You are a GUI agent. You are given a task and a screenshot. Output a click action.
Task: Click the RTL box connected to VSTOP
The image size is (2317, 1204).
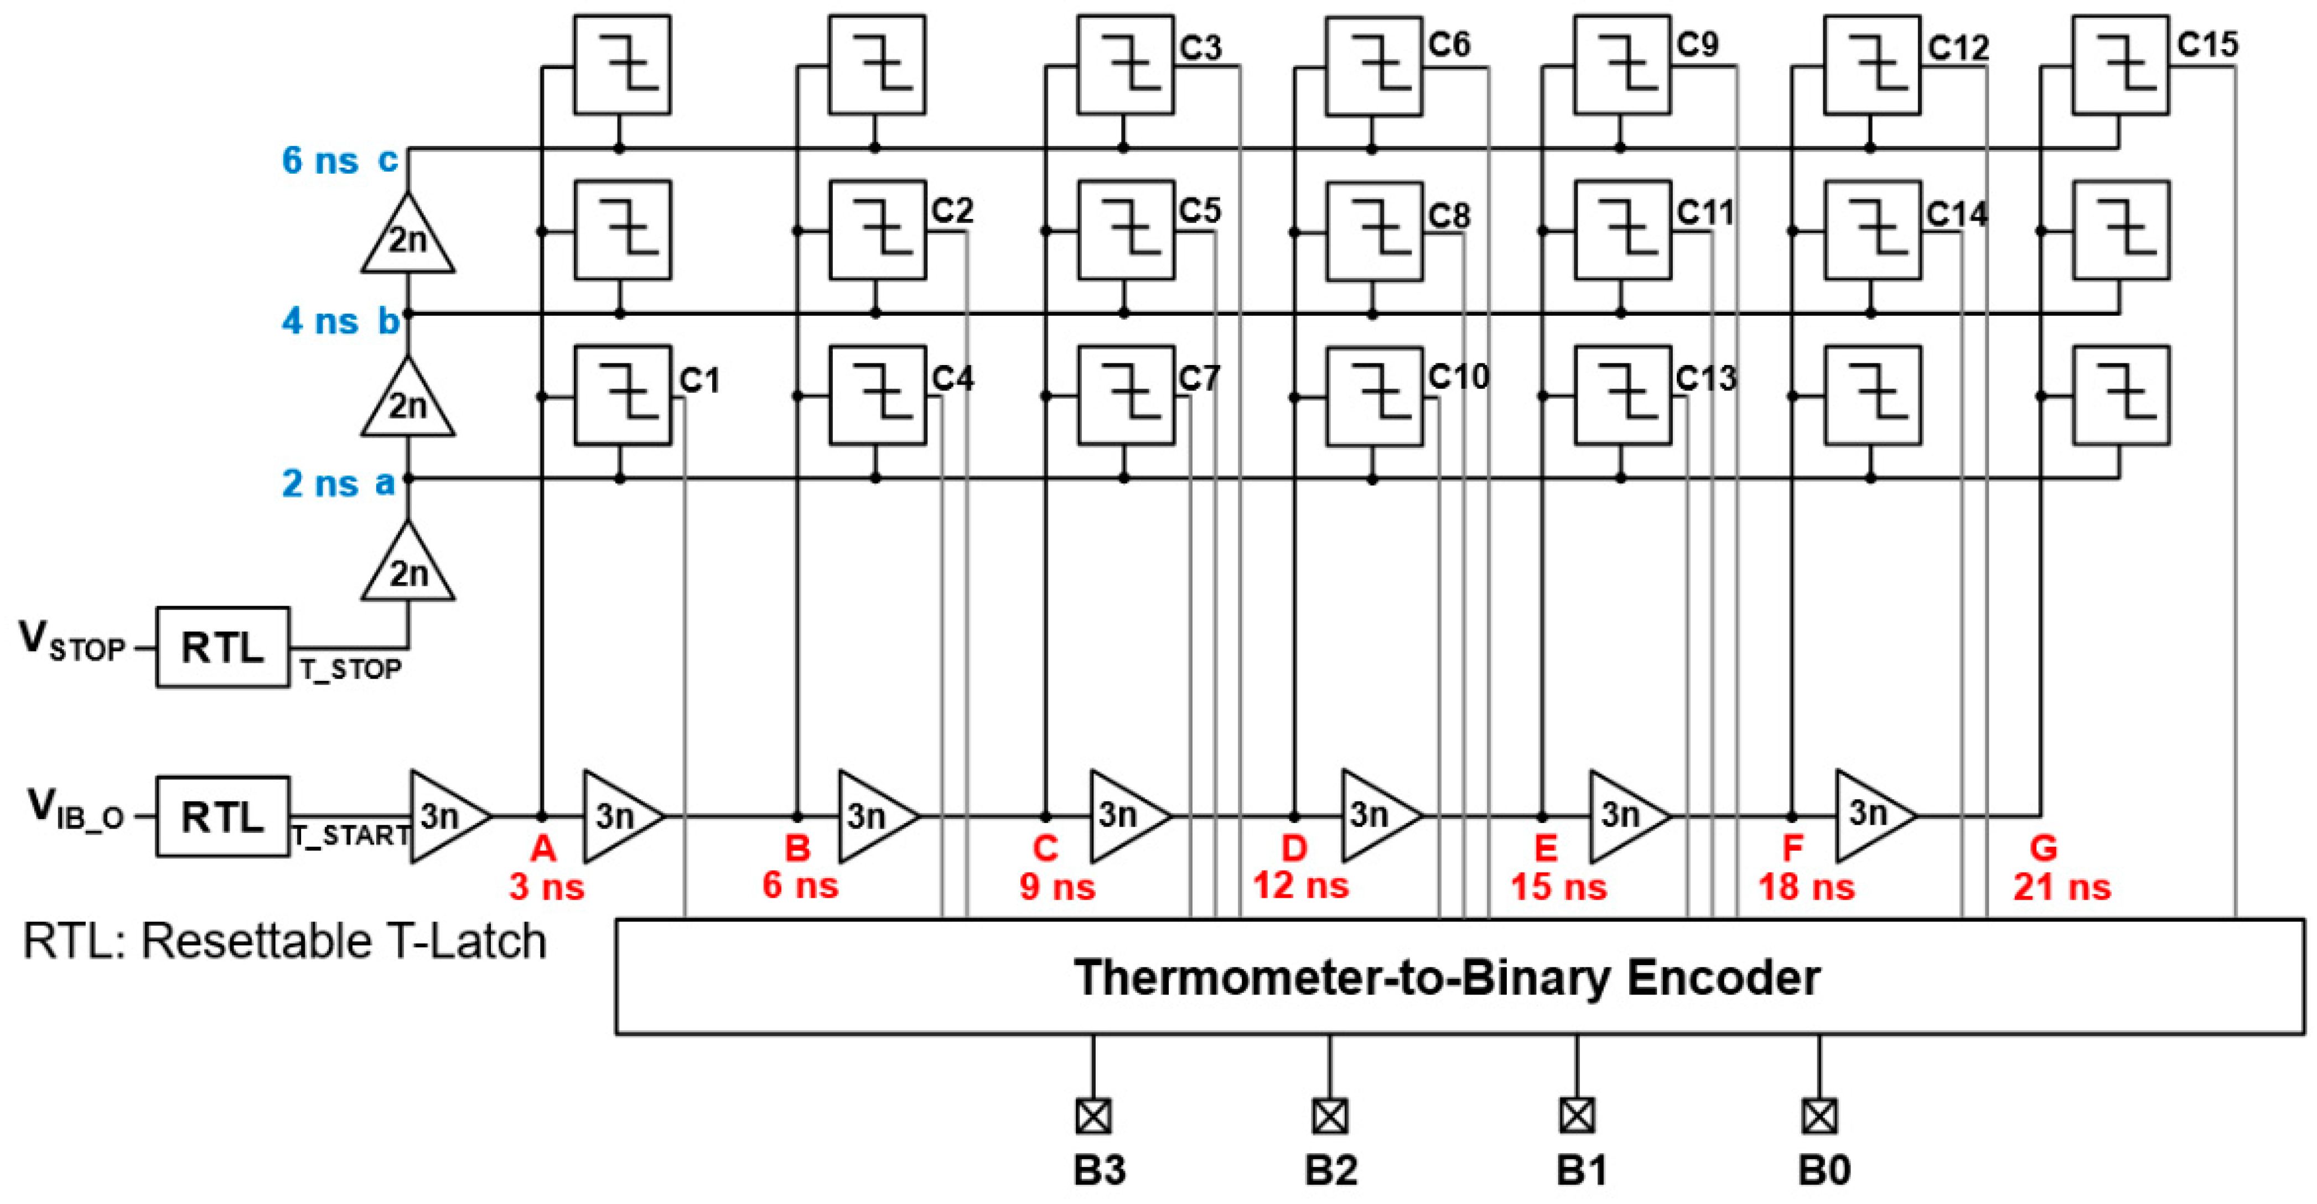click(222, 648)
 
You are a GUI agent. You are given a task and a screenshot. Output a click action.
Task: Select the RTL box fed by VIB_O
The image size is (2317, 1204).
click(222, 816)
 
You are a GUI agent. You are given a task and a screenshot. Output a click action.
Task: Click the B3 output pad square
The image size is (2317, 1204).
click(1093, 1116)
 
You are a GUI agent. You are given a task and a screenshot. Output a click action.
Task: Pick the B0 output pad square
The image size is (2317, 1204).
click(1819, 1116)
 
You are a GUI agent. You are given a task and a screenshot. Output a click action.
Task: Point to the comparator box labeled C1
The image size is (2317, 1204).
click(623, 395)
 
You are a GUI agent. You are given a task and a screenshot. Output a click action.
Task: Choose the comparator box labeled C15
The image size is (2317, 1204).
click(2120, 65)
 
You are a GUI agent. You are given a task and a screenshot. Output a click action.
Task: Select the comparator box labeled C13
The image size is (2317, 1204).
click(1622, 395)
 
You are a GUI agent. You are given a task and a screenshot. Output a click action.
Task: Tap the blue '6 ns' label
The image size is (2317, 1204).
click(319, 161)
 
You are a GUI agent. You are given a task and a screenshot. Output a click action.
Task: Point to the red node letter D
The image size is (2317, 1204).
click(1293, 848)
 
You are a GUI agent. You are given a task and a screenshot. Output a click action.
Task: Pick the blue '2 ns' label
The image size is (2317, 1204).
click(319, 484)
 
